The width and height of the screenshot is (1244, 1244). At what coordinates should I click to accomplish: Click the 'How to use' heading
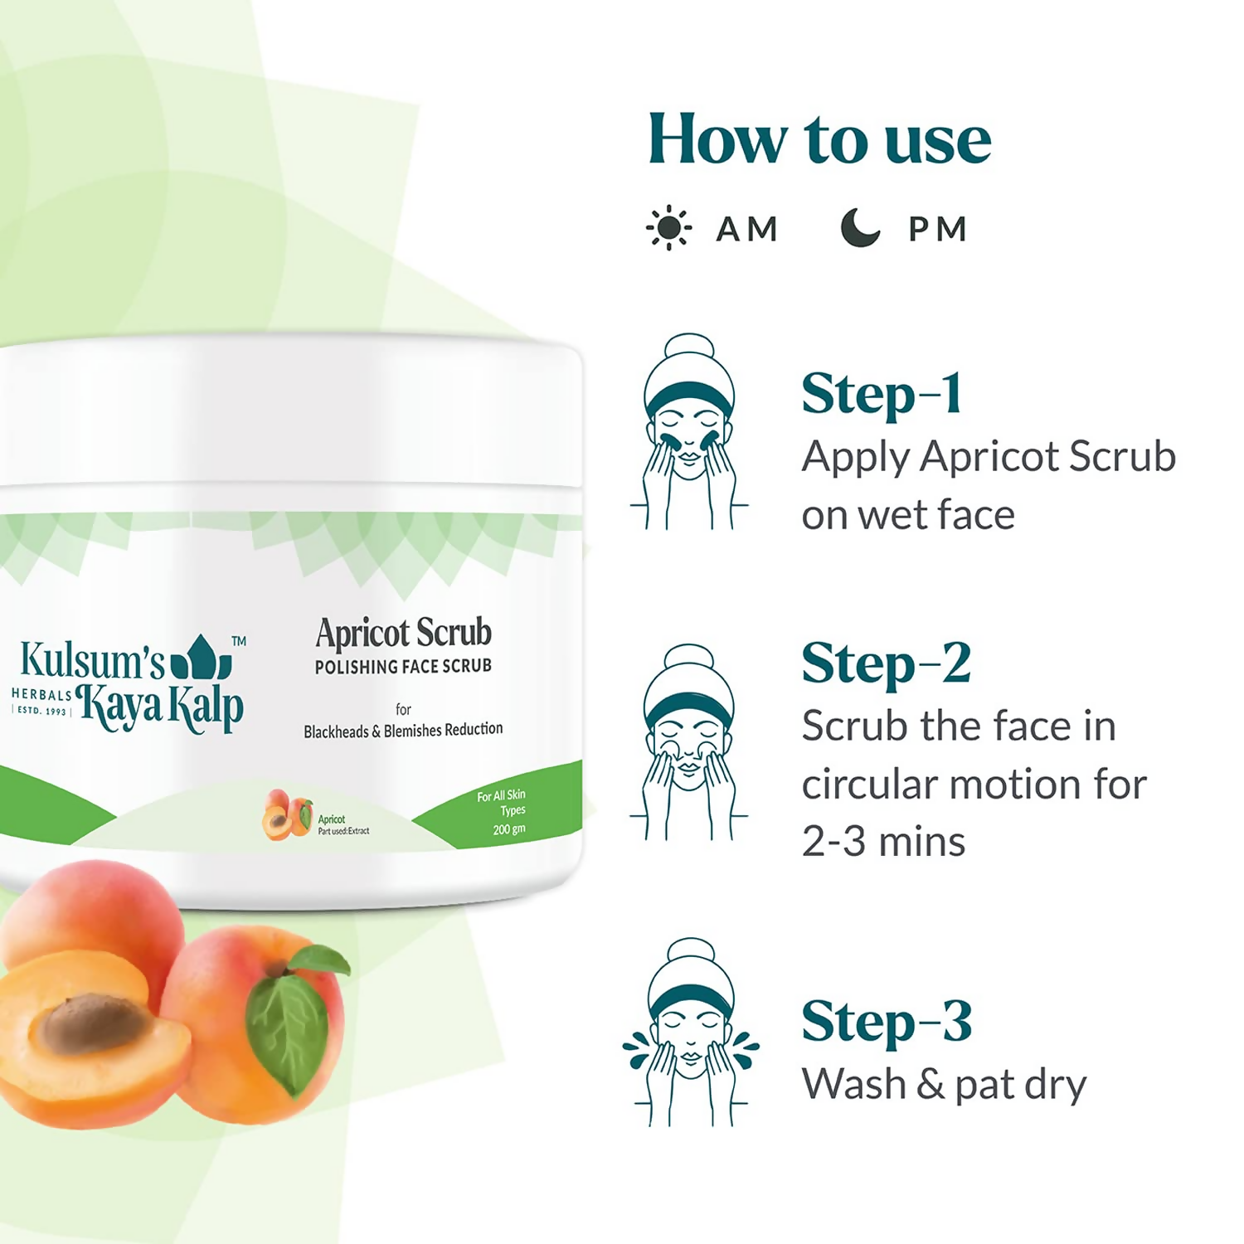pos(819,139)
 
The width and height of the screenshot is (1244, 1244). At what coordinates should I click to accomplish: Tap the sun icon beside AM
pos(668,229)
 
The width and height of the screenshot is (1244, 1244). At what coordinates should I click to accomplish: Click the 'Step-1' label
pos(882,394)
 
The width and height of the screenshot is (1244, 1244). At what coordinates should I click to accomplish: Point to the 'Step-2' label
pos(886,663)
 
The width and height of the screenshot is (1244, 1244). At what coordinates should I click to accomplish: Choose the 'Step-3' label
pos(886,1022)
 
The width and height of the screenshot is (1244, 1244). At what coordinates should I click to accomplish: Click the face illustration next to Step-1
pos(689,432)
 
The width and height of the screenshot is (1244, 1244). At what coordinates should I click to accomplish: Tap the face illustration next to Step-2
pos(689,742)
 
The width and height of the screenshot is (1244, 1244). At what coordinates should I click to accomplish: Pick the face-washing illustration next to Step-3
pos(690,1033)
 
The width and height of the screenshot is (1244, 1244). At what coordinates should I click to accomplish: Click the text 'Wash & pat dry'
pos(944,1085)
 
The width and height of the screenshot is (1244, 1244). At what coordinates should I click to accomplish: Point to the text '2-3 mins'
pos(883,842)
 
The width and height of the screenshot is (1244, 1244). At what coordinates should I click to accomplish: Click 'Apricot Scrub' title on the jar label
pos(404,634)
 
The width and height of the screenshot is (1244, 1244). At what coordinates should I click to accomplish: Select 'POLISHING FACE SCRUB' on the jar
pos(403,667)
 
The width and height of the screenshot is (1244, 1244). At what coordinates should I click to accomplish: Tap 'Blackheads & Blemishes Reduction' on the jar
pos(403,731)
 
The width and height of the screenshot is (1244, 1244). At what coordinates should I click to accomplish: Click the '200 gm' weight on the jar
pos(509,829)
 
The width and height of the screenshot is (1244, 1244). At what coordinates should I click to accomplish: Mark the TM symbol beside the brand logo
pos(239,641)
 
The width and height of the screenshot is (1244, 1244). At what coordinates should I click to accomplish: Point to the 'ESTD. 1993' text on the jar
pos(41,711)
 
